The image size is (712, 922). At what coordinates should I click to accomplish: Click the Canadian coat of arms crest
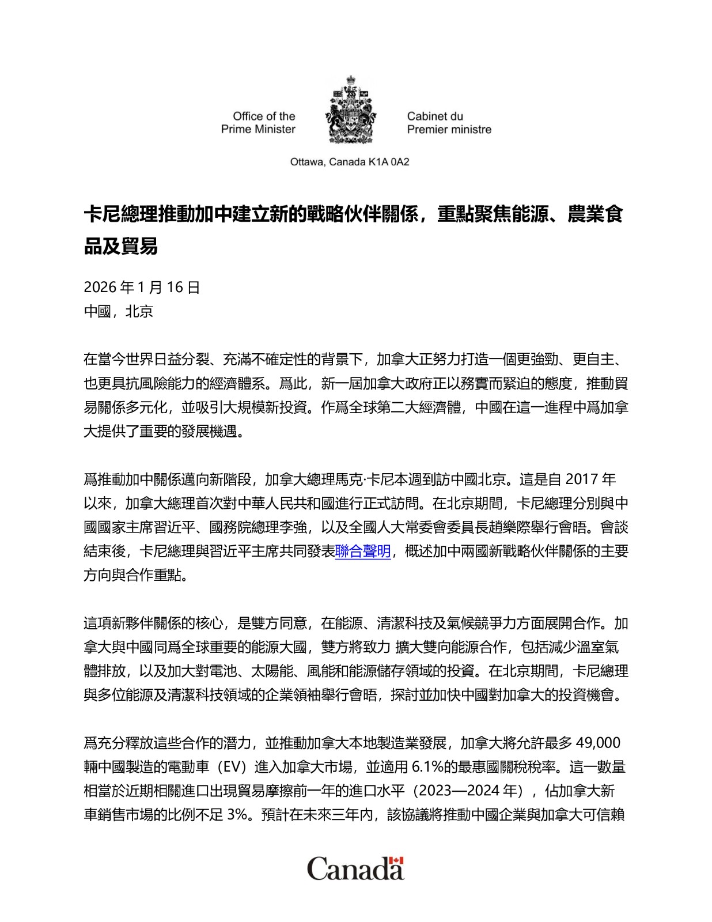351,110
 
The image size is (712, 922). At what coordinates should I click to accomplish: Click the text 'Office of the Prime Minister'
258,123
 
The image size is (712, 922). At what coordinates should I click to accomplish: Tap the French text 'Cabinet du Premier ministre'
449,123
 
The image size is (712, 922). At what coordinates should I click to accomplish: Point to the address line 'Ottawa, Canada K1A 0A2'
350,162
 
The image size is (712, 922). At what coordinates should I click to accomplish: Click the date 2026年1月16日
142,287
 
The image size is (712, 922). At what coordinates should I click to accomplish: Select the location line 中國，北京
119,311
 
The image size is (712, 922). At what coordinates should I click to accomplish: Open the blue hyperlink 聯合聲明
363,551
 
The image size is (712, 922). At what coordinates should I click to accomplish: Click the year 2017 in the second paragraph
582,479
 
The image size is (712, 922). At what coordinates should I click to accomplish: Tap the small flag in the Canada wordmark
396,861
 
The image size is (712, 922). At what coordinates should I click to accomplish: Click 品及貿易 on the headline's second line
121,246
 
